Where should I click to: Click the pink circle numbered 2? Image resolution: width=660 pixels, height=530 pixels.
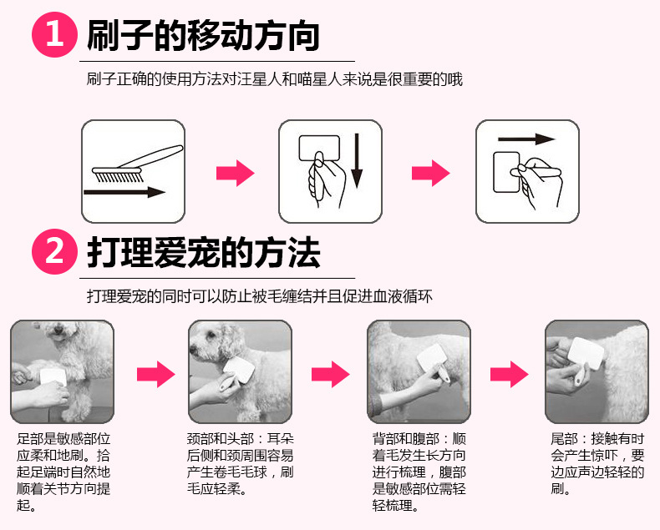pos(54,250)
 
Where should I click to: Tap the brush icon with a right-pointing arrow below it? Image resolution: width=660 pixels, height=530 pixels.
pos(134,171)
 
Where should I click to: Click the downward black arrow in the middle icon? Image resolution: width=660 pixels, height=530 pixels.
pos(357,164)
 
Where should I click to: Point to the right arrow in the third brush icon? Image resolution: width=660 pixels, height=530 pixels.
pos(525,139)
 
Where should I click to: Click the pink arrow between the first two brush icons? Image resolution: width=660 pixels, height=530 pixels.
pos(235,174)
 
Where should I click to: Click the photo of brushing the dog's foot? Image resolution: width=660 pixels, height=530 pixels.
pos(62,371)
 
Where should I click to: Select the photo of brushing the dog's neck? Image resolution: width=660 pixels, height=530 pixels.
pos(240,371)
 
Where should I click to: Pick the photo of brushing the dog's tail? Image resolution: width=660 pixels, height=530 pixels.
pos(597,371)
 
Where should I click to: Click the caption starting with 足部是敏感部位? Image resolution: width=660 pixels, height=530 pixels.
pos(63,472)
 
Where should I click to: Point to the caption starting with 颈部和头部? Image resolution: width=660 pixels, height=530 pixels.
pos(241,464)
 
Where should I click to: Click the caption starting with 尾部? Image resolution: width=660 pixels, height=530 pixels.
pos(598,464)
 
